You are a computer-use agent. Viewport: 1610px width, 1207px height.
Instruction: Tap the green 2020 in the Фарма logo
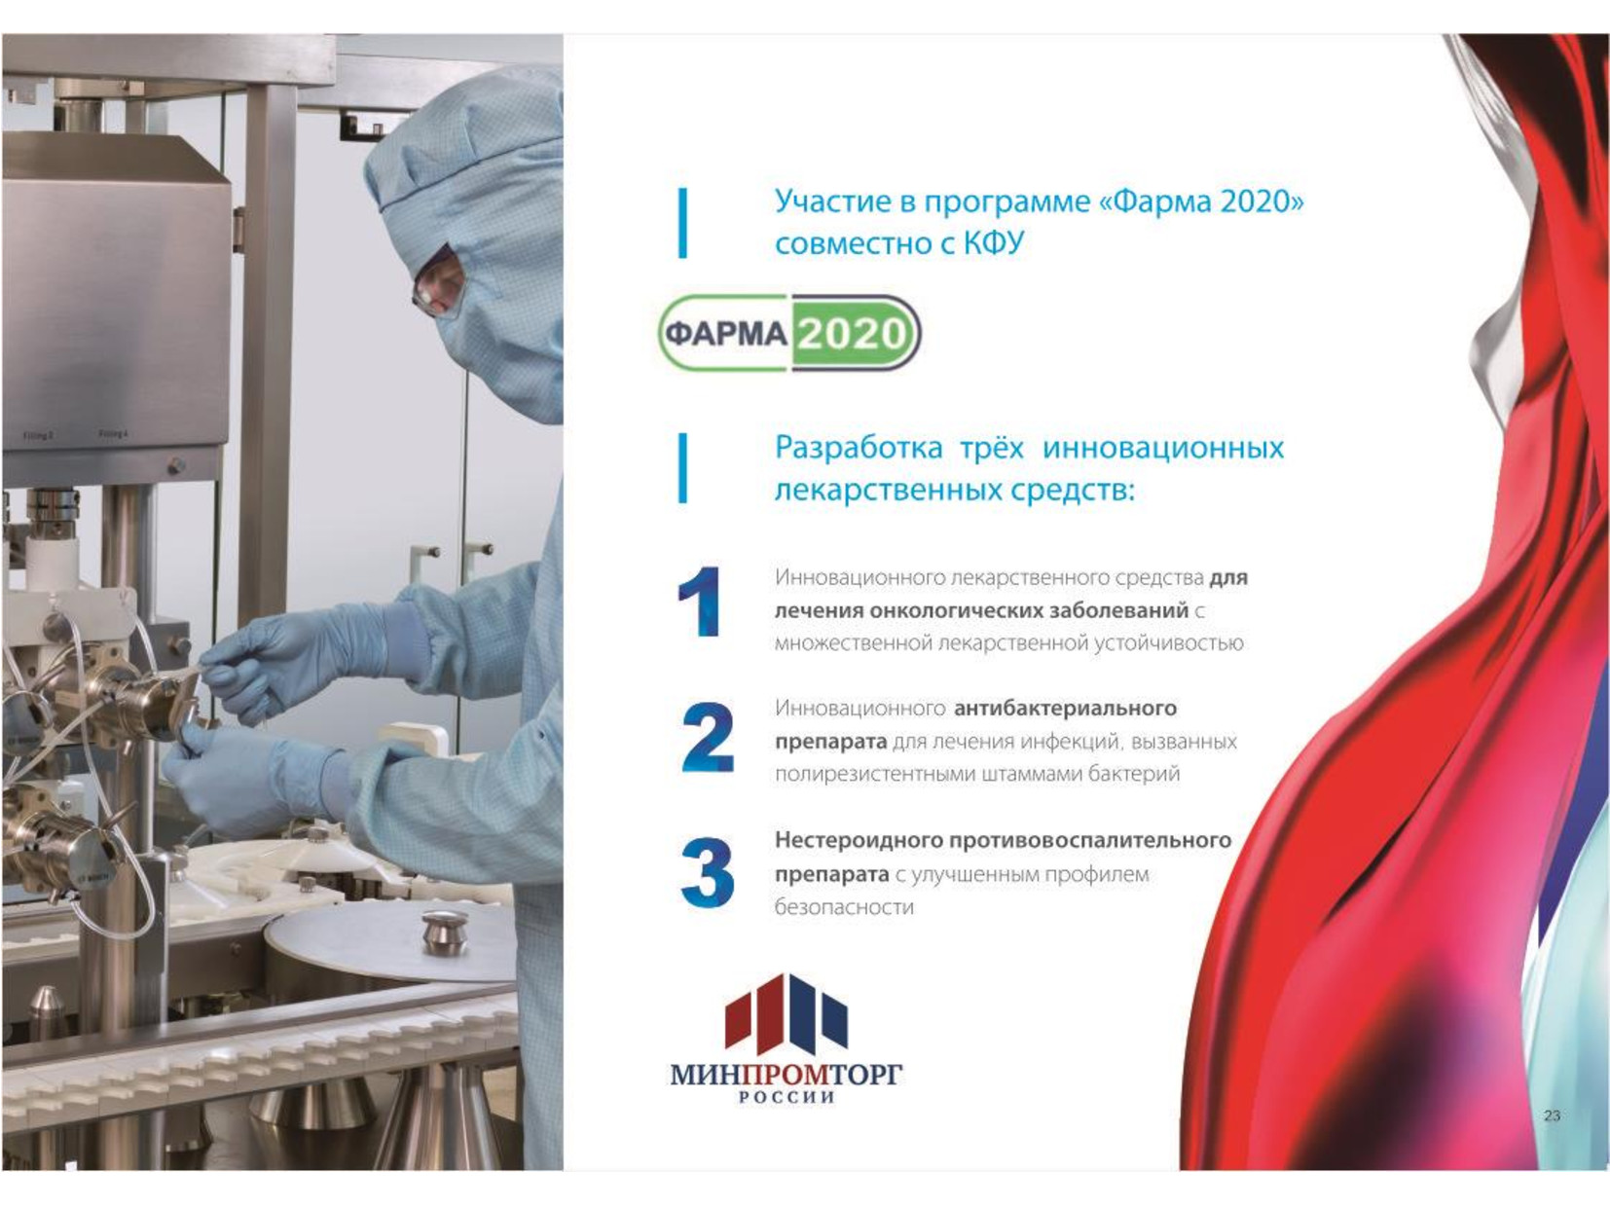point(852,335)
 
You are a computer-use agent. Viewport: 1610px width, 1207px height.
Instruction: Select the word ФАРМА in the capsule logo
point(726,335)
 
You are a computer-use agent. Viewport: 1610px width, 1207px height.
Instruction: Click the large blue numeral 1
point(700,602)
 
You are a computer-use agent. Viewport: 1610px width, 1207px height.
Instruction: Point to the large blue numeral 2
point(708,738)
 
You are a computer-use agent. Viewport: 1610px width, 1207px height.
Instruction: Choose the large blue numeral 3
point(708,872)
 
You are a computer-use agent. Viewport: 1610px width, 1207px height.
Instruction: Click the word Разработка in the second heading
point(858,448)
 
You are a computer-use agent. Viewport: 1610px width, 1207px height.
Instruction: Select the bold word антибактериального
point(1065,709)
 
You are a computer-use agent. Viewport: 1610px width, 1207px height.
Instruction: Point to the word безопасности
point(844,908)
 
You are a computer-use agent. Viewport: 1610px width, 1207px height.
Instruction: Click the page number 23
point(1552,1116)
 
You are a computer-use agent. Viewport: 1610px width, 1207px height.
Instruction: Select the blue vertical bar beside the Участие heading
point(683,223)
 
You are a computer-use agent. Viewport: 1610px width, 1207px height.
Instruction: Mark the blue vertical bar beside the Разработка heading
point(683,468)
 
